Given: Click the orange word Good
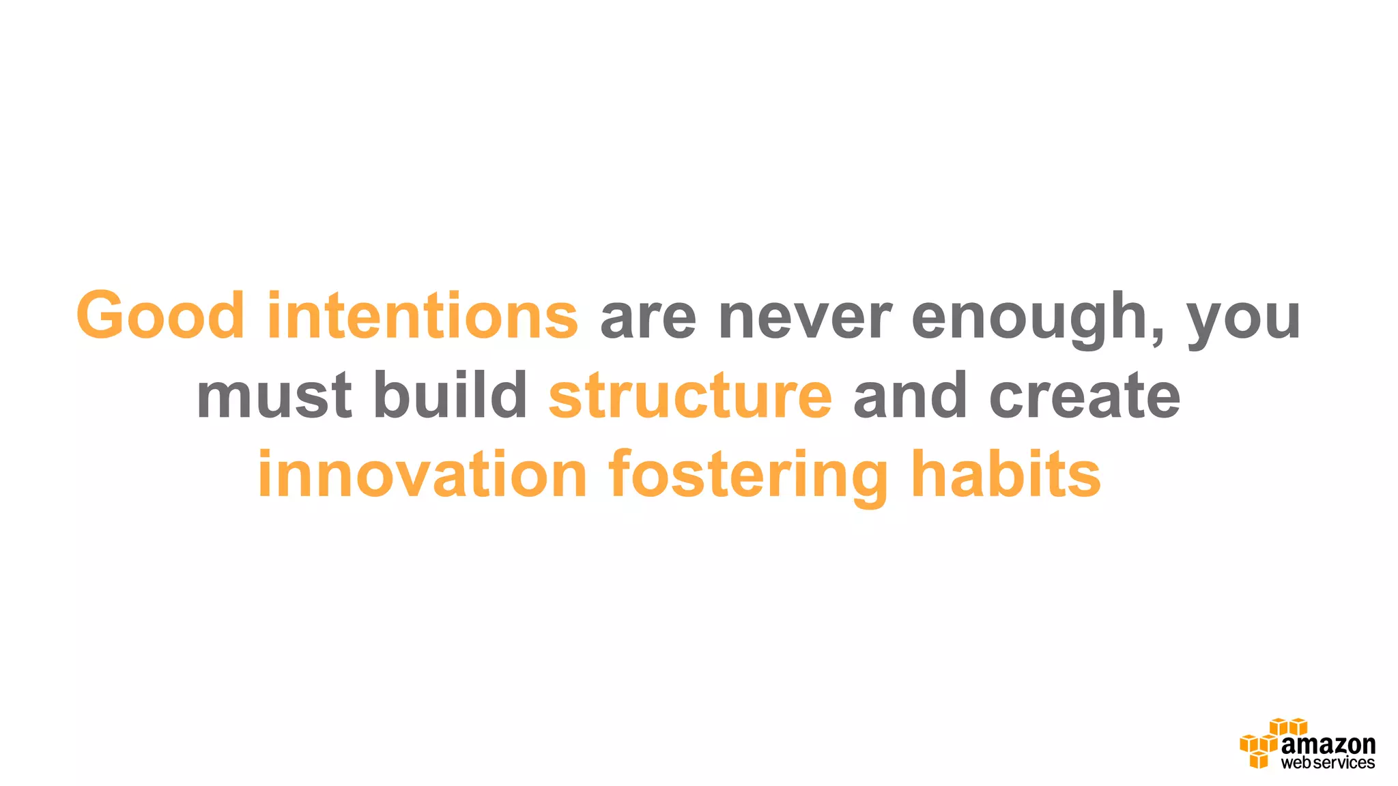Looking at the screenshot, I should (160, 315).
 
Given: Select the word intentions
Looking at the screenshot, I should (423, 315).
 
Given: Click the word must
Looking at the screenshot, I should (274, 396).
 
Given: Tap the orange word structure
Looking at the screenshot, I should (690, 396).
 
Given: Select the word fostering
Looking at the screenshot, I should (748, 476).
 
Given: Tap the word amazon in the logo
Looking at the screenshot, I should (1328, 745).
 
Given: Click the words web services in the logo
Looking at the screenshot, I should (1328, 763).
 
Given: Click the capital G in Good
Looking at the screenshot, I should (103, 315).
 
